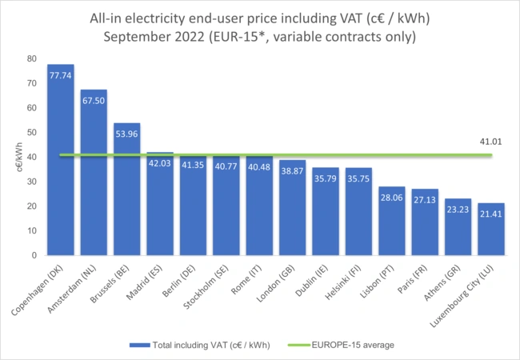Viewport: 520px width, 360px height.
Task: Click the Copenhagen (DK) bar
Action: pos(61,160)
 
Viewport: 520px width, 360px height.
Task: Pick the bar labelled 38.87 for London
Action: pos(292,208)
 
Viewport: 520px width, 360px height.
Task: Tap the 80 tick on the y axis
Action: pos(31,58)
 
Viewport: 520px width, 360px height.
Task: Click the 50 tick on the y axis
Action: pos(31,132)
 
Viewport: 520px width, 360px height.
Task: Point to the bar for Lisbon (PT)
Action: pos(392,221)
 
